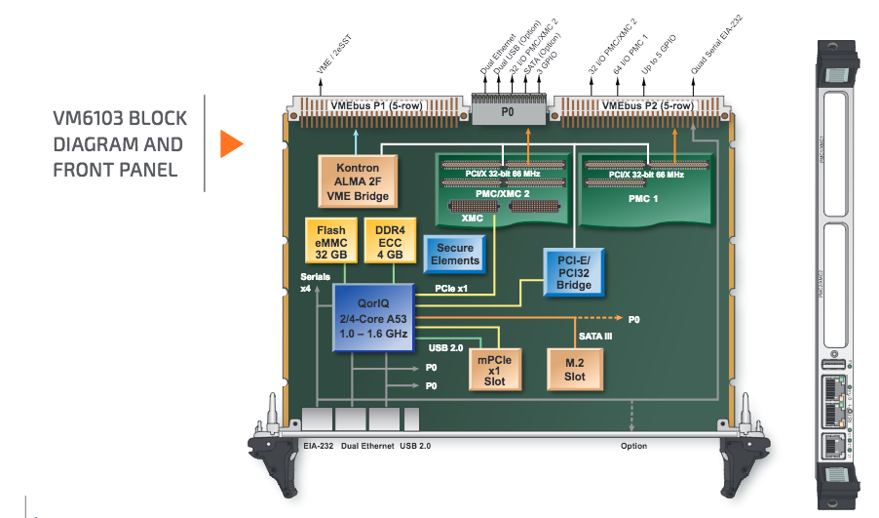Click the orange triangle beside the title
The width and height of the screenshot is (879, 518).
tap(229, 143)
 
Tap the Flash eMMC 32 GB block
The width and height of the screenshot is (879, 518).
tap(325, 242)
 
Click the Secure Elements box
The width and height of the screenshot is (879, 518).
tap(455, 255)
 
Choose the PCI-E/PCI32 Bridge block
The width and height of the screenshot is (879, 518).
tap(574, 270)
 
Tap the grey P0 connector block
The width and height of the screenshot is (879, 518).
tap(507, 112)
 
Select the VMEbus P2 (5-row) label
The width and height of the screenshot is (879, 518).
tap(648, 104)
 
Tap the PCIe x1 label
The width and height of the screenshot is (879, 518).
tap(450, 289)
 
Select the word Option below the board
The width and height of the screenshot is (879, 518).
tap(633, 447)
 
